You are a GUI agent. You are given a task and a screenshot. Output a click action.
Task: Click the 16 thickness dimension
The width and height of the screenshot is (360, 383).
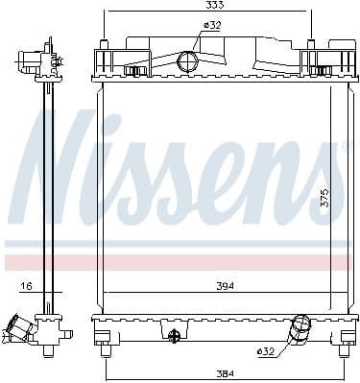[x=26, y=285]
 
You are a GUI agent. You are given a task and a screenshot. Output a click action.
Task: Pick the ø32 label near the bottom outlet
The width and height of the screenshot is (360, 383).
[x=266, y=351]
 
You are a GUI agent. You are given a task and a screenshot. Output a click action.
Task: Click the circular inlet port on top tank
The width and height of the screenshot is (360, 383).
[x=189, y=62]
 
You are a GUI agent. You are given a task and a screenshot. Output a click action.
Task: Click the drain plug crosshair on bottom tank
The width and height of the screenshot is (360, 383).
[x=174, y=335]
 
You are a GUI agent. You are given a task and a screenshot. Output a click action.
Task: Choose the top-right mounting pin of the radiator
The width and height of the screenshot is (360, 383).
[x=312, y=43]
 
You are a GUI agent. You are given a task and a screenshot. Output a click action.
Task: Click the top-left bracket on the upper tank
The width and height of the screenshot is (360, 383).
[x=108, y=63]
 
